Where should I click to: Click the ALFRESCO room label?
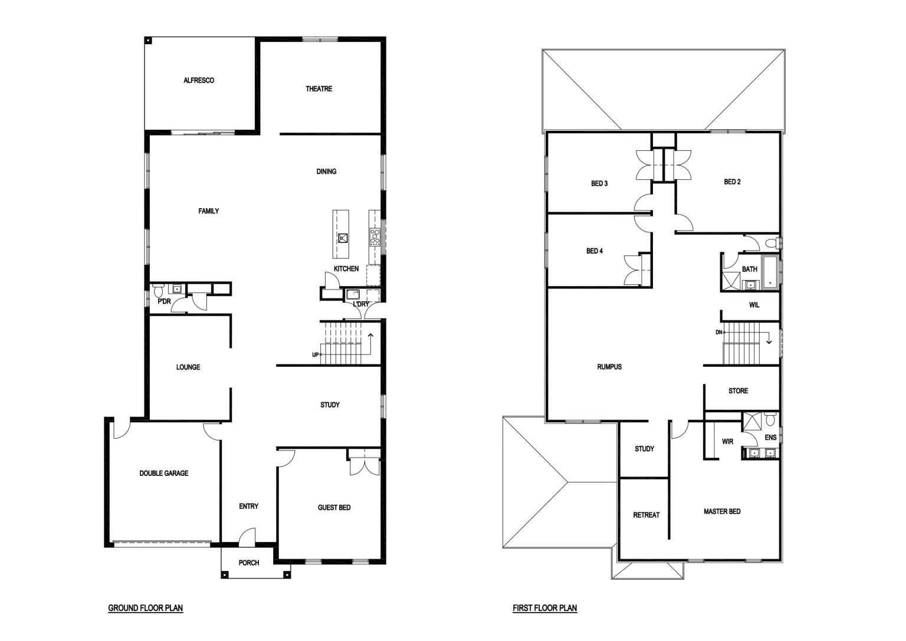[199, 80]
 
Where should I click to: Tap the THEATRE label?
[319, 89]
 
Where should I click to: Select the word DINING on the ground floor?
[326, 172]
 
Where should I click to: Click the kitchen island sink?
[343, 238]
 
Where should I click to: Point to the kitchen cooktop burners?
[375, 238]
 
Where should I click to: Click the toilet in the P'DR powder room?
[157, 290]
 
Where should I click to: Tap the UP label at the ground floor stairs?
[316, 355]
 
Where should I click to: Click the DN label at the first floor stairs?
[719, 333]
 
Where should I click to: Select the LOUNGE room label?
[188, 367]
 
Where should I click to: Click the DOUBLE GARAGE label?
[164, 473]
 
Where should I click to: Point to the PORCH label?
[249, 563]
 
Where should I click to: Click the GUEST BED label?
[334, 508]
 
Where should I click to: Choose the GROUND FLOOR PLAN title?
[146, 608]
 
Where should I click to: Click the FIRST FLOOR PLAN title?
[545, 608]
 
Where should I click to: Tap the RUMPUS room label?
[609, 367]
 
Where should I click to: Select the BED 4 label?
[595, 251]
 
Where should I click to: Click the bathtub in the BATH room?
[770, 272]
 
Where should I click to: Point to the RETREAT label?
[646, 515]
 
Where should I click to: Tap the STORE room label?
[738, 391]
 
